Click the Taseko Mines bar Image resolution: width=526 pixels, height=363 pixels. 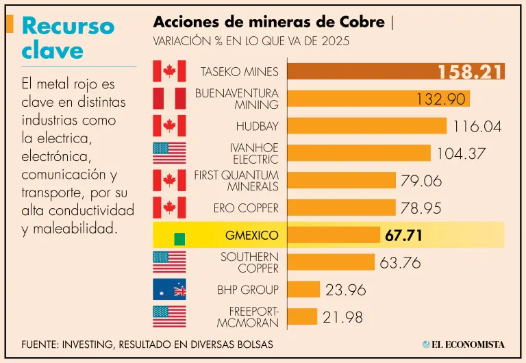[360, 71]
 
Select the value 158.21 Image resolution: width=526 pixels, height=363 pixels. [471, 72]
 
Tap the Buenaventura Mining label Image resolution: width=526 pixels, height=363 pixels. [236, 99]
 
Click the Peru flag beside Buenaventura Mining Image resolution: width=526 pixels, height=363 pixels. [169, 99]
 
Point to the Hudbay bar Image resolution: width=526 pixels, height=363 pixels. [367, 126]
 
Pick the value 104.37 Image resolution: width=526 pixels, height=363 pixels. [460, 153]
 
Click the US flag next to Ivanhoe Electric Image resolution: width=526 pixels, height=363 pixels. [169, 153]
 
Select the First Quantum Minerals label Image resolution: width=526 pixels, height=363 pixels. [236, 180]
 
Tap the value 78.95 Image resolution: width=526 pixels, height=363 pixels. [421, 208]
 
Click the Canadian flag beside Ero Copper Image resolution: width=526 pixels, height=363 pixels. [169, 208]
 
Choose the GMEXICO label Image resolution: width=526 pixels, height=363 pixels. [251, 235]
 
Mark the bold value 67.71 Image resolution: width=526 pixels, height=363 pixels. [403, 236]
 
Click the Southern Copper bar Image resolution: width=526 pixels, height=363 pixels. [331, 262]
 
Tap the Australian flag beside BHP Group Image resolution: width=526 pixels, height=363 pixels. [169, 289]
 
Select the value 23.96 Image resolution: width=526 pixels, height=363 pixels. [346, 290]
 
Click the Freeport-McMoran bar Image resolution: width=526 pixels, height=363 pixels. [302, 316]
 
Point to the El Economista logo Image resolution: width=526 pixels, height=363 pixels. [463, 344]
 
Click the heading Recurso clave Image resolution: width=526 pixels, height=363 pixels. [67, 38]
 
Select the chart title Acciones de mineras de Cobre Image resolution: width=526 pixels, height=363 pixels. [268, 22]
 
